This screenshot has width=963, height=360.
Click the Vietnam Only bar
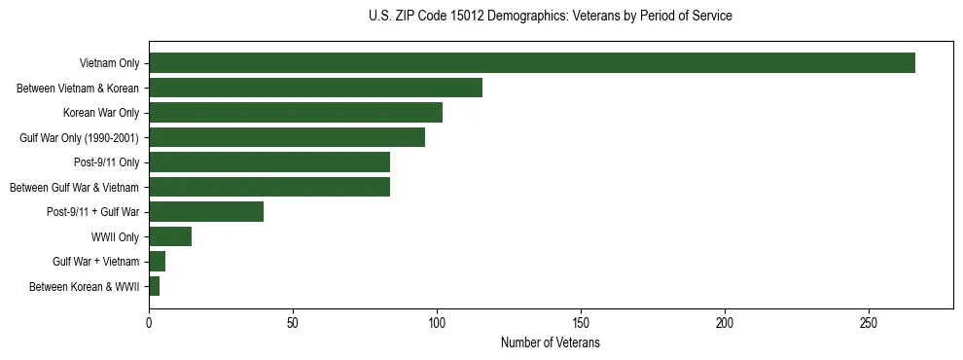point(532,63)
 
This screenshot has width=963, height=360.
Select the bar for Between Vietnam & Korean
point(315,88)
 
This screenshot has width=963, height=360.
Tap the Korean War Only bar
point(296,113)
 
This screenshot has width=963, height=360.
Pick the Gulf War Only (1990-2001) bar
point(287,137)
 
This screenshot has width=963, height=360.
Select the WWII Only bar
point(170,236)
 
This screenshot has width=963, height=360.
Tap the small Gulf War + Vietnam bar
point(158,261)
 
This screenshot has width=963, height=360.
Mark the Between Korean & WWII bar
point(155,286)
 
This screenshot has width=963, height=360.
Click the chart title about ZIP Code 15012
point(551,17)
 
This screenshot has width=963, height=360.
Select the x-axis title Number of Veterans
point(551,343)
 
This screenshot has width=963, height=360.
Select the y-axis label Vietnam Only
point(109,63)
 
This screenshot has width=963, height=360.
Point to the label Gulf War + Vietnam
point(95,261)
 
